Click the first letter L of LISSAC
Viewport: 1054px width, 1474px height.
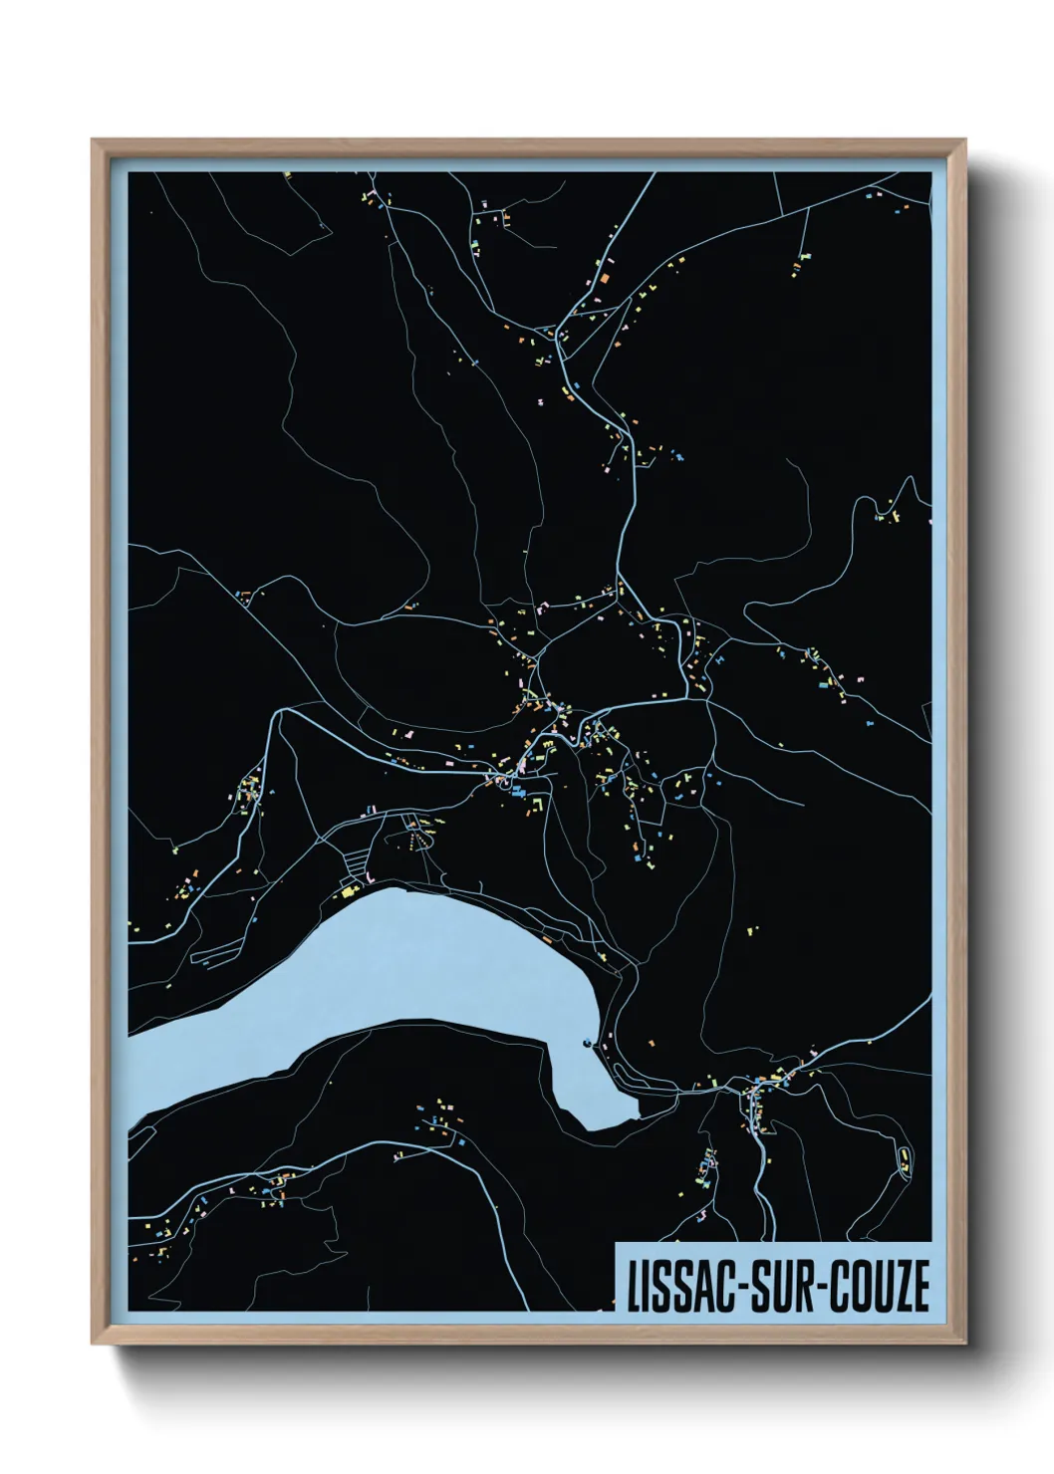634,1286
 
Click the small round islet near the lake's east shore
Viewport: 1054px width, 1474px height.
588,1044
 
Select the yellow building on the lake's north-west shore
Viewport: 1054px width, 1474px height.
349,892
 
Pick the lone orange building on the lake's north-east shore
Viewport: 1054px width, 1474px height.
546,939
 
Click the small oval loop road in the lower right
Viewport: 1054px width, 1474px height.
904,1161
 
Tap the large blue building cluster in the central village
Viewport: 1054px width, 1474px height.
518,792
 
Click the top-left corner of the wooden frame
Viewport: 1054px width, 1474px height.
93,141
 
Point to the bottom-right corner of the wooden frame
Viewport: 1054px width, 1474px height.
964,1344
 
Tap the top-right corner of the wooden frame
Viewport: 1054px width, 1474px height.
964,141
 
